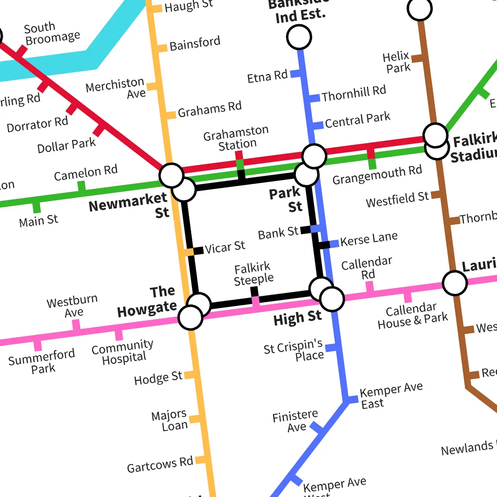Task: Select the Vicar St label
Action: [225, 247]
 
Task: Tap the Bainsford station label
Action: [195, 43]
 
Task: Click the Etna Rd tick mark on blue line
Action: [295, 74]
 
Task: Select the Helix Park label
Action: [397, 62]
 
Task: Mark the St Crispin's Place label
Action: [294, 350]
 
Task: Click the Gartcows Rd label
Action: [160, 465]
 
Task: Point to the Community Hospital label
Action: [123, 351]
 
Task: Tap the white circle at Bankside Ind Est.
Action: [299, 37]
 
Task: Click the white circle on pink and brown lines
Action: [455, 283]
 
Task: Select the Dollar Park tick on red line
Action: [99, 130]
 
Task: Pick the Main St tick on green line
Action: [36, 207]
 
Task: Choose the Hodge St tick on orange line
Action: [189, 375]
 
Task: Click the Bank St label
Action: [278, 233]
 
